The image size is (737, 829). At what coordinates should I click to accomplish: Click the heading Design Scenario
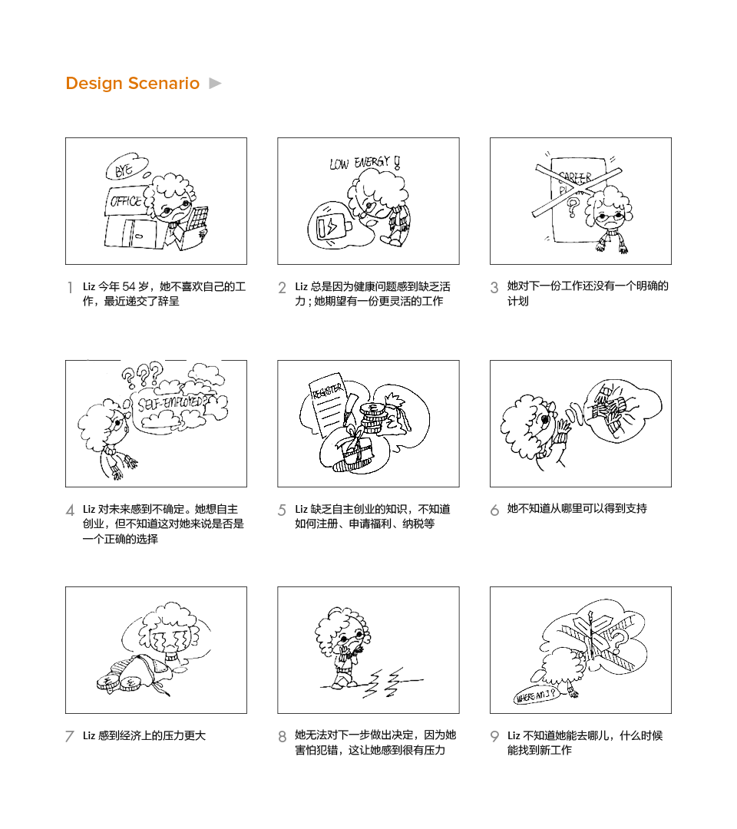click(132, 84)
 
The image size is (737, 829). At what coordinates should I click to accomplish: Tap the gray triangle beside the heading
click(216, 83)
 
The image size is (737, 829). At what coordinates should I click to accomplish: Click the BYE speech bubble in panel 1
click(124, 171)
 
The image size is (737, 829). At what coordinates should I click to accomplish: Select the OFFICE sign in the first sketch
click(126, 202)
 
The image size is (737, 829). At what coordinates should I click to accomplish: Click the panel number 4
click(70, 510)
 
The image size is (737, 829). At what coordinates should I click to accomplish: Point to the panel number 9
click(494, 737)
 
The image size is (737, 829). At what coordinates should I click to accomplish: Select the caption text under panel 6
click(577, 508)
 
